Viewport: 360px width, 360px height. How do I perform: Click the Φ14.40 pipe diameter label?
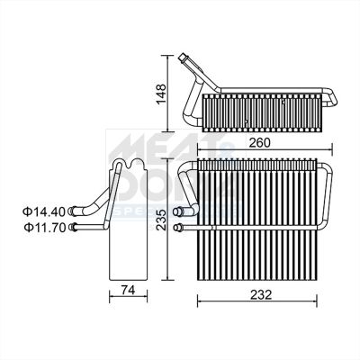click(44, 211)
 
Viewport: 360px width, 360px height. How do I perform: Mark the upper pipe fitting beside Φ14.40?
click(74, 212)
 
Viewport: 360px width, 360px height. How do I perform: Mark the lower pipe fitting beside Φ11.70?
click(74, 227)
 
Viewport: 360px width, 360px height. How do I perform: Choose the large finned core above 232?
click(256, 229)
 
